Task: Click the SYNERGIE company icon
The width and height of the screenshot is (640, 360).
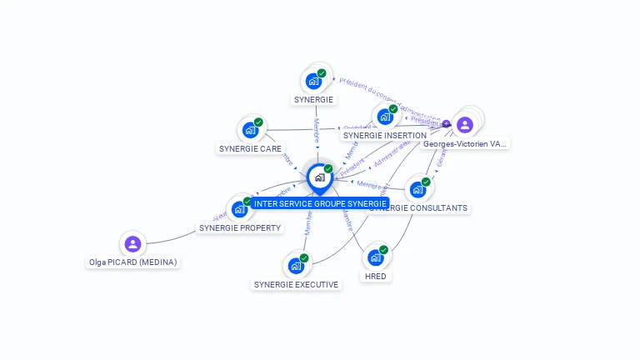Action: coord(313,82)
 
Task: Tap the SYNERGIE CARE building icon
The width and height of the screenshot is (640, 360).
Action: coord(249,130)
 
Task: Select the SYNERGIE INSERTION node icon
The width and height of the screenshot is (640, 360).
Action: coord(384,117)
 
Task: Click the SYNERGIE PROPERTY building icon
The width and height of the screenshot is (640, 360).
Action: coord(239,208)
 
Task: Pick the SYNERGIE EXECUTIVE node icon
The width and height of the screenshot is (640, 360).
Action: coord(295,266)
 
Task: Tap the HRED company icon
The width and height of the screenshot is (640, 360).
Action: coord(375,257)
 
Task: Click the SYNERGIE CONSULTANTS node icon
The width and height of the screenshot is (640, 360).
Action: coord(417,189)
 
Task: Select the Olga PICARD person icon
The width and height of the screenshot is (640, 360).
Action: coord(132,244)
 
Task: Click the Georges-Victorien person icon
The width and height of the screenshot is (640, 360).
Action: coord(465,125)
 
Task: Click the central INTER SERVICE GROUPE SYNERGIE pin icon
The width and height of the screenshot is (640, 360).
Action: coord(319,177)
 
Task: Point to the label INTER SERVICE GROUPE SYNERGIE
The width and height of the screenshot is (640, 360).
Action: coord(320,203)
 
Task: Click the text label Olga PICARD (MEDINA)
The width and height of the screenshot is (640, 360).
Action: coord(133,262)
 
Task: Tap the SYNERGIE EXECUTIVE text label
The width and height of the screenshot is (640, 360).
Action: coord(296,284)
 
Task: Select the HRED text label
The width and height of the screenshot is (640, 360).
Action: coord(376,276)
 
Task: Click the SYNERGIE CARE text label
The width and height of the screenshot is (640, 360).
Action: coord(250,148)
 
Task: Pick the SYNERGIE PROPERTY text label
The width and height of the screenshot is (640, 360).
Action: coord(240,227)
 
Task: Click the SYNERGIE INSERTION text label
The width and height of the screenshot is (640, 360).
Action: coord(385,135)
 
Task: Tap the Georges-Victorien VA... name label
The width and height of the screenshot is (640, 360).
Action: coord(465,143)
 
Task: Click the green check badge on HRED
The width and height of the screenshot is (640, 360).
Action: coord(383,250)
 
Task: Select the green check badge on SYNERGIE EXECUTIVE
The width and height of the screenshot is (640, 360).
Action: coord(303,258)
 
